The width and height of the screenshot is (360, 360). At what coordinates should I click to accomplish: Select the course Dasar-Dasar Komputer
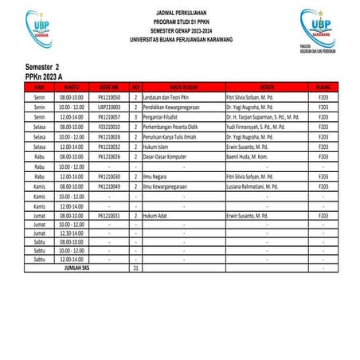tap(166, 156)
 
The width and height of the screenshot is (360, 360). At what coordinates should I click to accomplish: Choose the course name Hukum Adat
tap(158, 216)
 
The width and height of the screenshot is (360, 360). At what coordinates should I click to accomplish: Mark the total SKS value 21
tap(136, 268)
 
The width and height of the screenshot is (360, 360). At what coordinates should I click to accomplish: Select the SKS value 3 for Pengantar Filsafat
tap(136, 115)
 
